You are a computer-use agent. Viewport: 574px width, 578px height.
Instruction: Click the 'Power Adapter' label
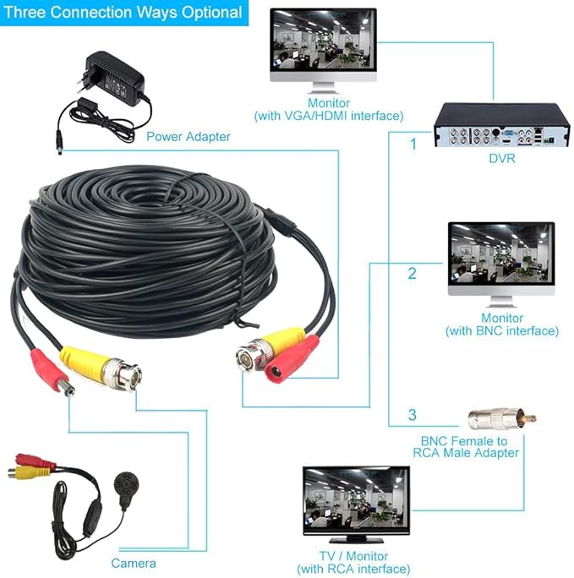[188, 137]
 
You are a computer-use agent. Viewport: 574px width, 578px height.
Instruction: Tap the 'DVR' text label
[502, 159]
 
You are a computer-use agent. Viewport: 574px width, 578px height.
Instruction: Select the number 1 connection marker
[413, 144]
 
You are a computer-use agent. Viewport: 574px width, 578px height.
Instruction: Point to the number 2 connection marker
[412, 273]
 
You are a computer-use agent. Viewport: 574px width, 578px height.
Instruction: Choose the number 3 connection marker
[413, 415]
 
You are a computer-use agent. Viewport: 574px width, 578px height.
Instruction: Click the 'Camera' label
[134, 564]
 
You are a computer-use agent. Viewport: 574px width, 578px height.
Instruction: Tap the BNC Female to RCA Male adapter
[502, 419]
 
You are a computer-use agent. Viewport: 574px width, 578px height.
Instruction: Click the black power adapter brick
[115, 79]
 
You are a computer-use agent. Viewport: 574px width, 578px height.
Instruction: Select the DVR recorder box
[501, 125]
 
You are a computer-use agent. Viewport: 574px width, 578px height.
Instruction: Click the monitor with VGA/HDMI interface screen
[323, 41]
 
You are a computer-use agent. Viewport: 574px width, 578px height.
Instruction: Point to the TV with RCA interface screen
[356, 498]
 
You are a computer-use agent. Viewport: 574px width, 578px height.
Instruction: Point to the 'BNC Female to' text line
[464, 441]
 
